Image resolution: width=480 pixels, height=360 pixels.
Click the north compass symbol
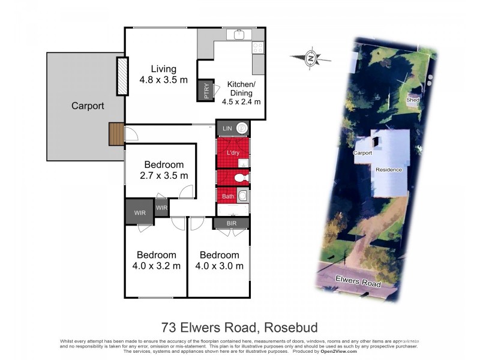[x=311, y=58]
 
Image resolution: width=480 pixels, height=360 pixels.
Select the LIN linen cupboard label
[x=227, y=128]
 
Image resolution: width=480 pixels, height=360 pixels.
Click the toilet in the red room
[x=240, y=178]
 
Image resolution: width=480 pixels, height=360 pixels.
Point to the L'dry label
[x=232, y=153]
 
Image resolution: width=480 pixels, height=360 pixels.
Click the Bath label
[x=228, y=196]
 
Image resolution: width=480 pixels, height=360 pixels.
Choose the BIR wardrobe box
[x=230, y=223]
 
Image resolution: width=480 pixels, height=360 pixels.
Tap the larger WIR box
[x=139, y=212]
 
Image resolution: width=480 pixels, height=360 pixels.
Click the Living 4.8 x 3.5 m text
[x=164, y=74]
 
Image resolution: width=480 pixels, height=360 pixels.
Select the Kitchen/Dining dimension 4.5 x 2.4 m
[x=241, y=102]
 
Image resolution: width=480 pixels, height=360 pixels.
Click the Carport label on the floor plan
[x=88, y=106]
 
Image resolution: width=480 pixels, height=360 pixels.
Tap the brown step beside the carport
[x=116, y=134]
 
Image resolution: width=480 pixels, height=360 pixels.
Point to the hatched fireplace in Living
[x=122, y=76]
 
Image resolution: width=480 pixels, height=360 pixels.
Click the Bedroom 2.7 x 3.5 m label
[x=164, y=170]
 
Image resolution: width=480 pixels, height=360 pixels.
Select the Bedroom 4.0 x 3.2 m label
[x=156, y=260]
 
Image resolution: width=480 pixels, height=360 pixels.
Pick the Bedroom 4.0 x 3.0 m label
[x=219, y=260]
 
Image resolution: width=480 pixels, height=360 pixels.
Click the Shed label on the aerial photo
[x=412, y=100]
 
